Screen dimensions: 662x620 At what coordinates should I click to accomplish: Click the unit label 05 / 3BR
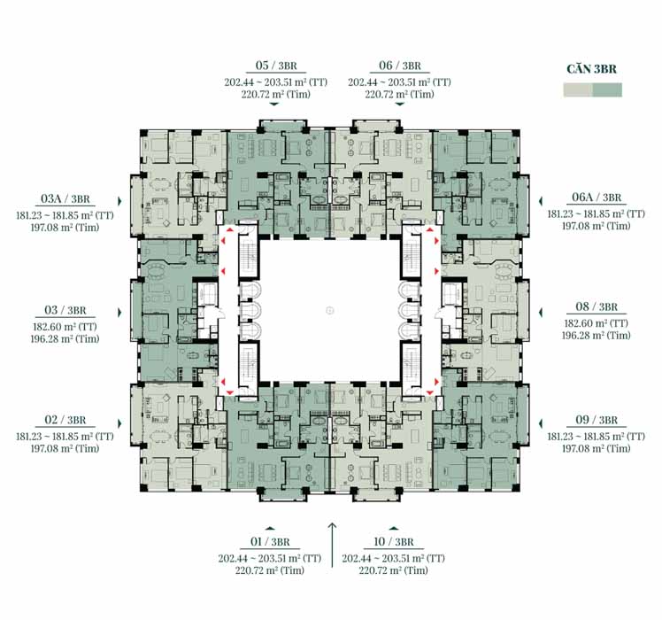pyautogui.click(x=276, y=66)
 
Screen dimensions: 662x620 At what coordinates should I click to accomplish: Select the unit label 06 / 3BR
pyautogui.click(x=400, y=66)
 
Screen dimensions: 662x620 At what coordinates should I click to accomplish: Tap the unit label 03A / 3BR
pyautogui.click(x=65, y=198)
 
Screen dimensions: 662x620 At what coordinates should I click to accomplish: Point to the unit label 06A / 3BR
pyautogui.click(x=597, y=197)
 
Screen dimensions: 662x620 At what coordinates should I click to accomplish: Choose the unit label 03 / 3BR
pyautogui.click(x=65, y=310)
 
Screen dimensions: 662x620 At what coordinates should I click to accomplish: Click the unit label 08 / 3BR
pyautogui.click(x=597, y=306)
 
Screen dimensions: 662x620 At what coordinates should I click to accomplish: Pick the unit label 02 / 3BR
pyautogui.click(x=65, y=420)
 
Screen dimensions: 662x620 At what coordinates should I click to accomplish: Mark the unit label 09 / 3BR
pyautogui.click(x=597, y=420)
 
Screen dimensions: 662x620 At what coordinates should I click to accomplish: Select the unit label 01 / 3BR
pyautogui.click(x=270, y=542)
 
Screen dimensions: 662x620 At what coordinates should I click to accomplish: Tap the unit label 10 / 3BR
pyautogui.click(x=394, y=542)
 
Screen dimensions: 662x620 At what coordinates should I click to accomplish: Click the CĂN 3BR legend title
pyautogui.click(x=591, y=69)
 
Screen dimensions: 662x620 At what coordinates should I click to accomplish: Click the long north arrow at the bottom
pyautogui.click(x=332, y=545)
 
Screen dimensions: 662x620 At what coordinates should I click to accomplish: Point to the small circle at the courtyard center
pyautogui.click(x=330, y=311)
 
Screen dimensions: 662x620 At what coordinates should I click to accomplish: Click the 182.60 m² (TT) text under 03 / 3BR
pyautogui.click(x=65, y=327)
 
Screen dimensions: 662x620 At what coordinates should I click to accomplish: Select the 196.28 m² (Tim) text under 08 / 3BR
pyautogui.click(x=597, y=336)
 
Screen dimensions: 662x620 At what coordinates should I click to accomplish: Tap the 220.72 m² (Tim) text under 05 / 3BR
pyautogui.click(x=276, y=94)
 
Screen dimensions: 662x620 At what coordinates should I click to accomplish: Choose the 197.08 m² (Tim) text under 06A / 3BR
pyautogui.click(x=597, y=226)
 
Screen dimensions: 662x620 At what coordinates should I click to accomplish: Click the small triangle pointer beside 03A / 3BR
pyautogui.click(x=119, y=201)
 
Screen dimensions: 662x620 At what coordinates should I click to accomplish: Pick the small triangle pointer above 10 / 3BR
pyautogui.click(x=394, y=528)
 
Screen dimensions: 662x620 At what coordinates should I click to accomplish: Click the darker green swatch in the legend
pyautogui.click(x=607, y=90)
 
